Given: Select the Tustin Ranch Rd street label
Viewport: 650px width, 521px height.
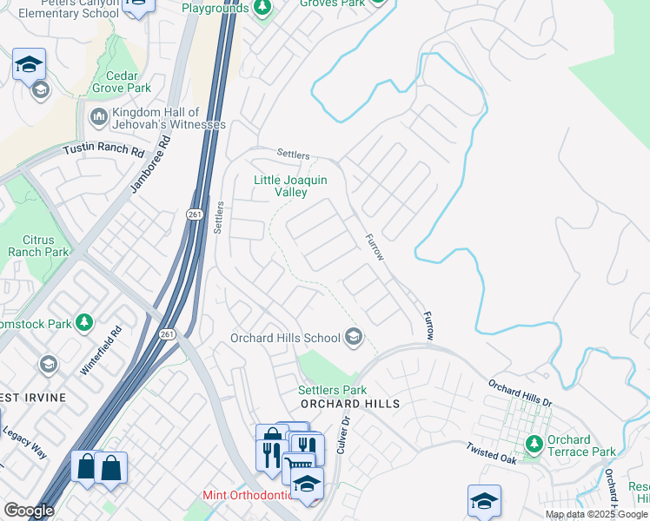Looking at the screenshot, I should (x=103, y=150).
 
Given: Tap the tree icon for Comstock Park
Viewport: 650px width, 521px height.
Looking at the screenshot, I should (x=84, y=323).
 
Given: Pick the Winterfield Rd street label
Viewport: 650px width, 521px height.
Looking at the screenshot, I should (x=100, y=350).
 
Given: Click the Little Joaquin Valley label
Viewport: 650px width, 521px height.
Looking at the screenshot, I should (x=290, y=186).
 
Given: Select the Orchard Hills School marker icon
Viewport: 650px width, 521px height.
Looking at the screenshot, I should (x=354, y=337).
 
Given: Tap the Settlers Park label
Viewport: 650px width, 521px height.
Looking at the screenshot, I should (x=332, y=391).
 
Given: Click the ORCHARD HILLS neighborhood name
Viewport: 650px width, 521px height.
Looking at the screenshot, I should (x=349, y=405).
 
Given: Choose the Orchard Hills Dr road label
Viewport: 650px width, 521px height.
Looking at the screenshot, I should (x=520, y=392).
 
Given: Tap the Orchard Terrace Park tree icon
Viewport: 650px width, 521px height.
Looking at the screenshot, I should (x=534, y=445).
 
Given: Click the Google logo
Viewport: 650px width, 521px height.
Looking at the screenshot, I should (x=29, y=511).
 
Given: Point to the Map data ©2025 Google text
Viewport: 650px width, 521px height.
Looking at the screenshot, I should (x=596, y=514).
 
